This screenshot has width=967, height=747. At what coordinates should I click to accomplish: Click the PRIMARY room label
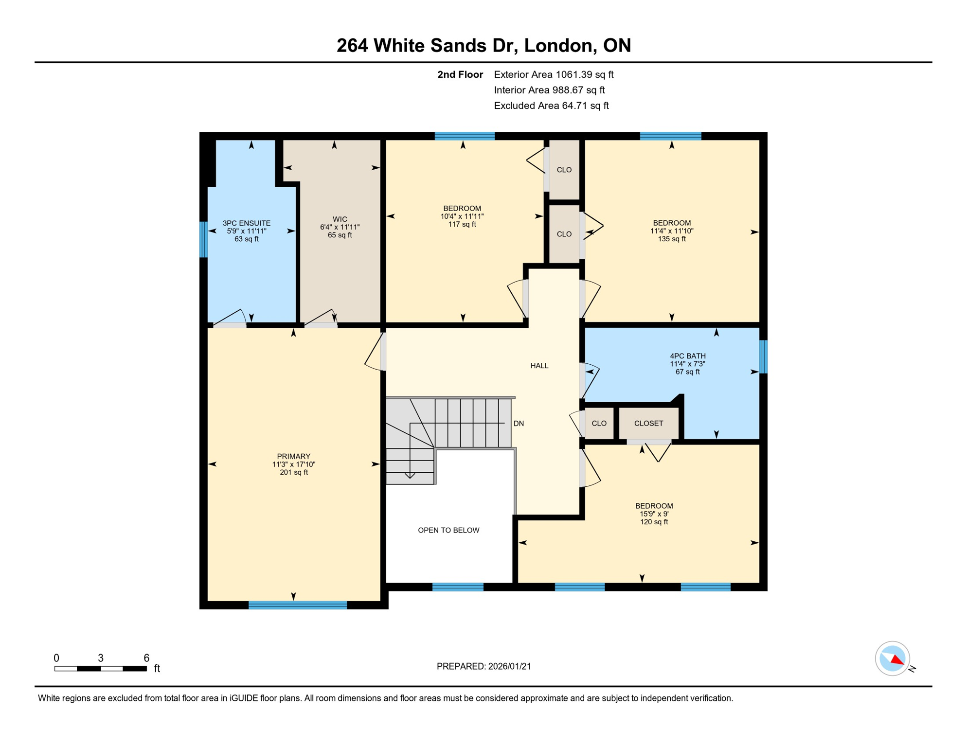(x=293, y=456)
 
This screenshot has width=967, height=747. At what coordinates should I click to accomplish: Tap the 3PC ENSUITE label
(x=247, y=223)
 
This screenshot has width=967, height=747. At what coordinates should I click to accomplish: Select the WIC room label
(x=340, y=219)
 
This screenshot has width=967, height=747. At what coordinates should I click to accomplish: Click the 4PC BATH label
(x=687, y=356)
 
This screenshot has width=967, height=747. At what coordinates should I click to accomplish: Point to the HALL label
(x=539, y=366)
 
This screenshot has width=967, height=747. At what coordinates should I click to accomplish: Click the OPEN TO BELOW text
(x=448, y=530)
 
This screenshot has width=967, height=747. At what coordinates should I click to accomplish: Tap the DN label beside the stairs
(x=519, y=424)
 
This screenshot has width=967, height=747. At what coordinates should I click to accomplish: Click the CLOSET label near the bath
(x=648, y=424)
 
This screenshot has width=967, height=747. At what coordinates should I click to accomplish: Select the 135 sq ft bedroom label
(x=671, y=239)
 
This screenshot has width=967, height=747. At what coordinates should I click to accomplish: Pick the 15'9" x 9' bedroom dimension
(x=654, y=514)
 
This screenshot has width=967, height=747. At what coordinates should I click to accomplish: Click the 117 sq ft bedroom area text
(x=462, y=224)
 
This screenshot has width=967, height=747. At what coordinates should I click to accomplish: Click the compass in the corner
(x=892, y=658)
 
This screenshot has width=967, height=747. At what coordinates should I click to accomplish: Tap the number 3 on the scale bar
(x=101, y=658)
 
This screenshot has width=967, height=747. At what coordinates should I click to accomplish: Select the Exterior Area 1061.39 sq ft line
(x=553, y=74)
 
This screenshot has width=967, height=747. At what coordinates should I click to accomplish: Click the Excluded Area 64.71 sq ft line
(x=551, y=106)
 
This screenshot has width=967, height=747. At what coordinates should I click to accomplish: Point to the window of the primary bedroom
(x=298, y=605)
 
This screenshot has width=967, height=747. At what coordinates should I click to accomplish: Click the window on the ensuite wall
(x=203, y=239)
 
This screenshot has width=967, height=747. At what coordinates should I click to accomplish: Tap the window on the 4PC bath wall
(x=763, y=356)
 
